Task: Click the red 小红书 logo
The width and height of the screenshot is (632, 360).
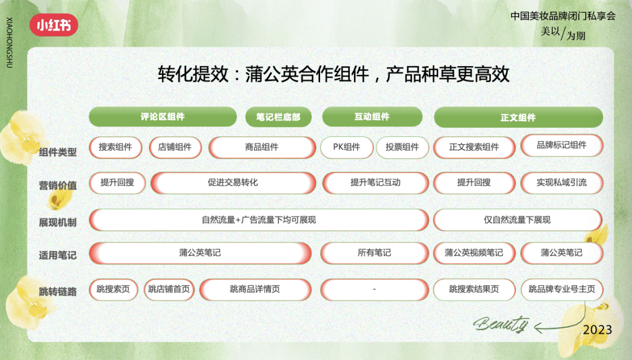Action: (54, 25)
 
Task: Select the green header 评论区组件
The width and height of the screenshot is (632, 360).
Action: (163, 117)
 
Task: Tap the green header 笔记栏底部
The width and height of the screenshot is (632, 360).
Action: (278, 117)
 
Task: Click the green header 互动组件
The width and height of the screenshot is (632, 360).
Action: (372, 117)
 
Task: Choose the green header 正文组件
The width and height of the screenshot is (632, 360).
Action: (518, 117)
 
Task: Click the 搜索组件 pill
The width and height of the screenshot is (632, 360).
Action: (116, 147)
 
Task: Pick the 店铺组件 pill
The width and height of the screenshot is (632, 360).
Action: (175, 147)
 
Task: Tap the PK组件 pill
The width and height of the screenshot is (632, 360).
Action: (346, 147)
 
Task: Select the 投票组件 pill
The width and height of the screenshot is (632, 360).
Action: (402, 147)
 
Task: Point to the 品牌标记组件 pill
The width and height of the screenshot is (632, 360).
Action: (562, 145)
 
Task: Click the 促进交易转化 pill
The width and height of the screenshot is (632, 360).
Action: (233, 183)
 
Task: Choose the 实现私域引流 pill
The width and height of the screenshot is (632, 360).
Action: (562, 183)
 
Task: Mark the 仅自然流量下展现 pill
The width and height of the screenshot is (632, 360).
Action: (517, 220)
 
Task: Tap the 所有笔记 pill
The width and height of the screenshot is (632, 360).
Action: (375, 253)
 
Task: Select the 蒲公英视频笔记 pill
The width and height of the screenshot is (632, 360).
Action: (474, 253)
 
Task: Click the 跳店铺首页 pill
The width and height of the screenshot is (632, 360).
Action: (169, 289)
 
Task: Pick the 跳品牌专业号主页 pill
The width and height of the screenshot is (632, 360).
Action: (562, 289)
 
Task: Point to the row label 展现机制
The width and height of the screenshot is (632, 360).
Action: (57, 222)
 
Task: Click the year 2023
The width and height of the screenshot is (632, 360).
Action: (597, 330)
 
